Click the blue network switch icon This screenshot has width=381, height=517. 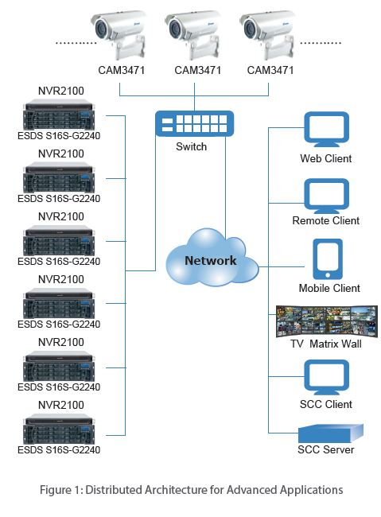click(194, 123)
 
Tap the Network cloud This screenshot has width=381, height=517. click(212, 257)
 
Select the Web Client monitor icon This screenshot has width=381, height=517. click(326, 129)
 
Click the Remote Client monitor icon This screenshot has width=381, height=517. click(326, 196)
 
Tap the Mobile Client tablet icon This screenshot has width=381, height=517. click(328, 259)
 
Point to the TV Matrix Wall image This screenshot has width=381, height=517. click(327, 321)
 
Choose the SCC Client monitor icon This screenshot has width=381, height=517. click(326, 377)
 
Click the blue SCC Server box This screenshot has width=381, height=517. click(331, 433)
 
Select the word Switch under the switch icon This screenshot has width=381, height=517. click(192, 146)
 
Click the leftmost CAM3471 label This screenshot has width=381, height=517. click(122, 70)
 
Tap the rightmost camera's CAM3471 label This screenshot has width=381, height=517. click(270, 70)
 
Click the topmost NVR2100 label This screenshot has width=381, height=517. click(61, 91)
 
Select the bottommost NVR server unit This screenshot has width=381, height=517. click(59, 429)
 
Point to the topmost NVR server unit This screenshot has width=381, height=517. click(59, 115)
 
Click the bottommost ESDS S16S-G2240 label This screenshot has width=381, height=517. click(59, 449)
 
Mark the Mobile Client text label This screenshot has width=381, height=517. click(329, 288)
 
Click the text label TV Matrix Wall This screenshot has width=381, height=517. click(326, 344)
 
